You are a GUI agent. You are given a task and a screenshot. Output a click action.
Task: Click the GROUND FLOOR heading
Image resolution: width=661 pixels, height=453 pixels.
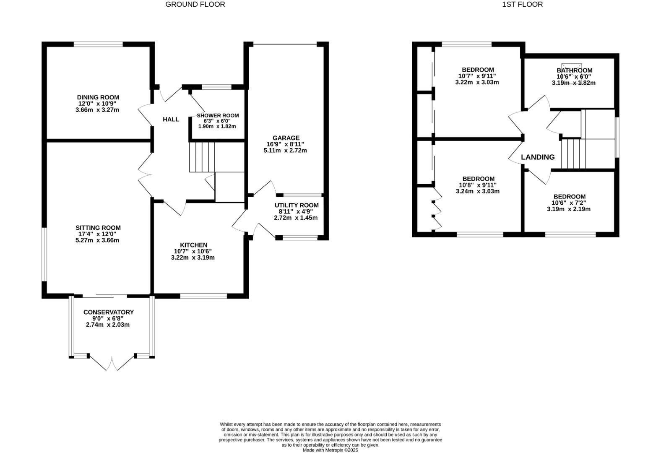[195, 5]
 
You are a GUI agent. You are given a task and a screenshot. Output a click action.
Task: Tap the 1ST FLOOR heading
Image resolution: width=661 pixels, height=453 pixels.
[522, 5]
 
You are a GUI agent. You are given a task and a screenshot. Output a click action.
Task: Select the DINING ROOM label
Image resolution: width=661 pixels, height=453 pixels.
[98, 97]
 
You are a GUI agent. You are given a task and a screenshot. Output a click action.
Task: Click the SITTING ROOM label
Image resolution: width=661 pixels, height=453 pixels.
[98, 228]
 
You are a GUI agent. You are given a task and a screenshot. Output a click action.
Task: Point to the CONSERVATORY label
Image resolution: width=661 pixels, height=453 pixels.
[108, 312]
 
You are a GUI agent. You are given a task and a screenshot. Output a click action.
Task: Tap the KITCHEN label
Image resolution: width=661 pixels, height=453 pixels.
[193, 245]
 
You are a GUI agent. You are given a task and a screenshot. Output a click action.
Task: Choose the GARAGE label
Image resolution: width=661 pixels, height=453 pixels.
[286, 138]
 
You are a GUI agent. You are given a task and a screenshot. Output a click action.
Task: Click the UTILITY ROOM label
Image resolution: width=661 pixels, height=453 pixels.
[296, 205]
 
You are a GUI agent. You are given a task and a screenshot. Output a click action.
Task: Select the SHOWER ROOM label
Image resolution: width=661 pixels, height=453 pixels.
[218, 115]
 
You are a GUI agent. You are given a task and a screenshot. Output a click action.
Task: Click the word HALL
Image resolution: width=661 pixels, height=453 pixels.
[171, 120]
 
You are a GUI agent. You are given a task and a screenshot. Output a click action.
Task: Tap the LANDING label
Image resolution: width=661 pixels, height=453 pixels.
[537, 157]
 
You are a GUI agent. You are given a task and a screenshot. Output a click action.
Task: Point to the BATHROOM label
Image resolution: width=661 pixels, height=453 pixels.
[574, 70]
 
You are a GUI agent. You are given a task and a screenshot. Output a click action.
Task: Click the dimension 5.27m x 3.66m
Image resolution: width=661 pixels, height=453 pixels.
[97, 240]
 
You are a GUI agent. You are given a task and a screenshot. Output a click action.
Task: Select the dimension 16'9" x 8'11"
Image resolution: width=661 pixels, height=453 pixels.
[285, 144]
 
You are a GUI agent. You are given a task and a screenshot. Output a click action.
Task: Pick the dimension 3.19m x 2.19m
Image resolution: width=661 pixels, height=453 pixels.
[568, 209]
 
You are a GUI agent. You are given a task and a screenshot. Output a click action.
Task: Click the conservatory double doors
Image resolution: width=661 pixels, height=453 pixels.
[112, 363]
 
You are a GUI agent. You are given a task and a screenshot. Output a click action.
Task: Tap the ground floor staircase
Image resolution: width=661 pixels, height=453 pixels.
[202, 157]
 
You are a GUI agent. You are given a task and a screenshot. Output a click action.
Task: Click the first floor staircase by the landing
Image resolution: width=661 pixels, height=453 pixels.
[573, 154]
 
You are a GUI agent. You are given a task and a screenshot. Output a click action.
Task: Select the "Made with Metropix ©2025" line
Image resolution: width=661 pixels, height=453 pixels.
[330, 450]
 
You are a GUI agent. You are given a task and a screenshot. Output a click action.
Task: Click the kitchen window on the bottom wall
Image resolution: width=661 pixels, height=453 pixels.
[203, 296]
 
